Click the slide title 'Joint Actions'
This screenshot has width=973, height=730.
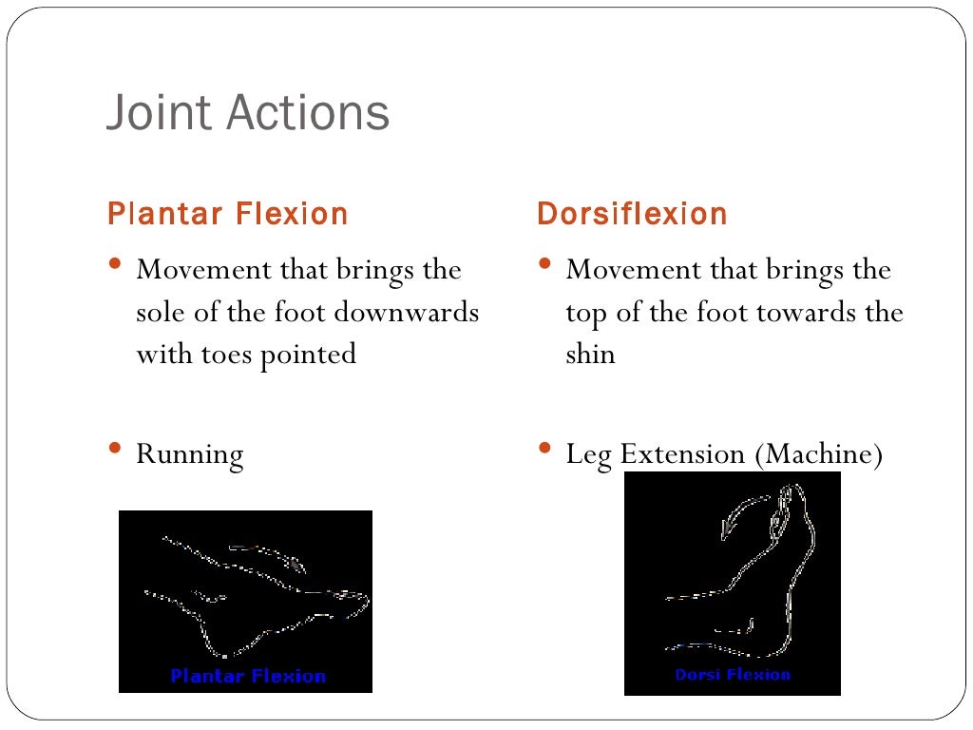click(247, 113)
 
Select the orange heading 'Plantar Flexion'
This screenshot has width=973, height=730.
click(228, 214)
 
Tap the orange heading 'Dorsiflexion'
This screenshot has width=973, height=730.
click(632, 214)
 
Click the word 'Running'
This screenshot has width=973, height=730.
click(190, 454)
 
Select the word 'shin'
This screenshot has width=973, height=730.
click(590, 355)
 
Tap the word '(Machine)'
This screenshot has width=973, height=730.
click(819, 454)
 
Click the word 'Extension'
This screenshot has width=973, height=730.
click(683, 454)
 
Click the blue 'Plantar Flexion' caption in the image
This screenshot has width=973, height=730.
click(248, 677)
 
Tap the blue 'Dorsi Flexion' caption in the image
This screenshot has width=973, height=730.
click(733, 675)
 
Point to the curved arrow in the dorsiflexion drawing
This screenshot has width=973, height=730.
click(742, 513)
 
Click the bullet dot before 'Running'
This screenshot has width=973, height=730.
click(115, 449)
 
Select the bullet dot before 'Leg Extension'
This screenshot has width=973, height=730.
click(544, 449)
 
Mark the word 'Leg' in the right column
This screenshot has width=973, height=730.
click(588, 454)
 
